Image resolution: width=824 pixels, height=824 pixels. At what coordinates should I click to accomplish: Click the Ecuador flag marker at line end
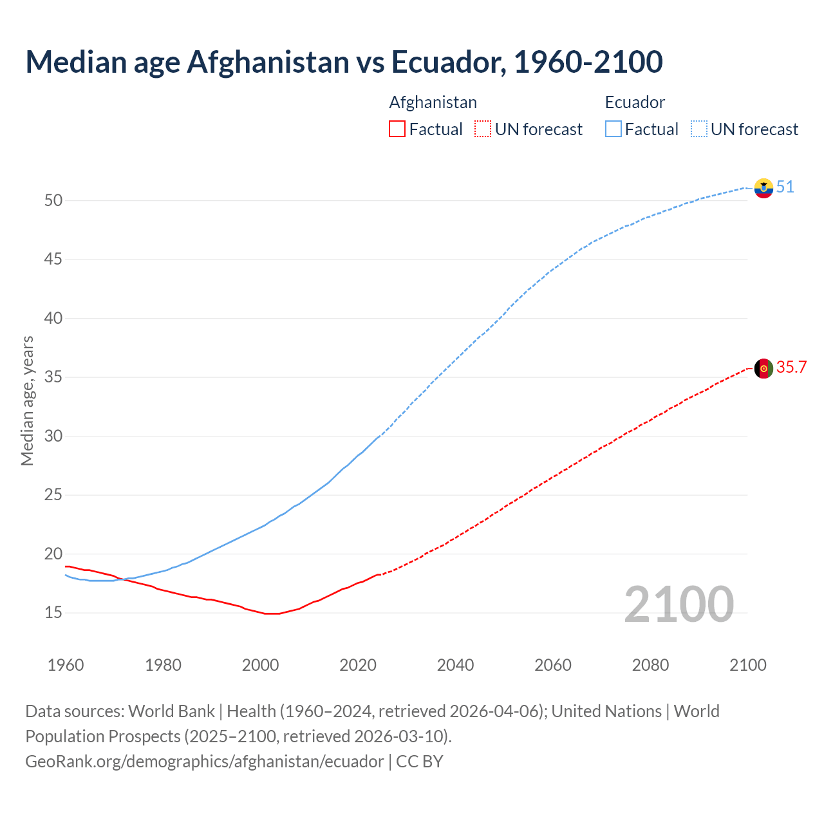pyautogui.click(x=763, y=188)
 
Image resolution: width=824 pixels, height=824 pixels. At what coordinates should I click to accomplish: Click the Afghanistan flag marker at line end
pyautogui.click(x=763, y=368)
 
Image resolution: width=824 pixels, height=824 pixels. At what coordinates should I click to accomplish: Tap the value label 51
pyautogui.click(x=785, y=187)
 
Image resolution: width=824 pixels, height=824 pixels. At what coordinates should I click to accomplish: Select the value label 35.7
pyautogui.click(x=791, y=368)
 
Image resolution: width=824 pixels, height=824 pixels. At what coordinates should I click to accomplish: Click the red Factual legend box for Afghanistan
pyautogui.click(x=397, y=129)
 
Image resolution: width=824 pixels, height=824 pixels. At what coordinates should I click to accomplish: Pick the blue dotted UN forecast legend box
pyautogui.click(x=699, y=129)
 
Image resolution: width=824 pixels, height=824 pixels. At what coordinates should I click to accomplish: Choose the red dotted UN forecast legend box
pyautogui.click(x=483, y=129)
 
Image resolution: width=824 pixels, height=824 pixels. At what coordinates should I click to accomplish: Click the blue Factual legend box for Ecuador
pyautogui.click(x=613, y=129)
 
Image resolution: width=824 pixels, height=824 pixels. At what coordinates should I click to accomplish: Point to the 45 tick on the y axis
pyautogui.click(x=53, y=259)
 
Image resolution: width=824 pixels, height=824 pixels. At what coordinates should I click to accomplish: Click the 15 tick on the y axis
pyautogui.click(x=53, y=613)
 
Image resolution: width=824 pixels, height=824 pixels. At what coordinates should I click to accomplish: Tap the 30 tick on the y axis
pyautogui.click(x=53, y=436)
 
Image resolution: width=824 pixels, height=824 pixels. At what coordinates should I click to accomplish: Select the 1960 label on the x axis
pyautogui.click(x=66, y=665)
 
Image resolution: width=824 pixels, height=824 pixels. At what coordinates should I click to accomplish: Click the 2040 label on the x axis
pyautogui.click(x=455, y=665)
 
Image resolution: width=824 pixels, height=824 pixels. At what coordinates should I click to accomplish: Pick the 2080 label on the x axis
pyautogui.click(x=650, y=665)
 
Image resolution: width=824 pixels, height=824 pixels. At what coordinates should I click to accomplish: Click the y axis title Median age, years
pyautogui.click(x=27, y=400)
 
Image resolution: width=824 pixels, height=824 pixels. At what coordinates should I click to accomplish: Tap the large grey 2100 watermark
pyautogui.click(x=679, y=604)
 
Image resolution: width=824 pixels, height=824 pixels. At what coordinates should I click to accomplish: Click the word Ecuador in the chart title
pyautogui.click(x=448, y=62)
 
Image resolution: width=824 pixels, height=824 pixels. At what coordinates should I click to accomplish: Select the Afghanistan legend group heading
pyautogui.click(x=433, y=102)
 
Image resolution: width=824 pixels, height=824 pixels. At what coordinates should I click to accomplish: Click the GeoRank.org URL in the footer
pyautogui.click(x=204, y=762)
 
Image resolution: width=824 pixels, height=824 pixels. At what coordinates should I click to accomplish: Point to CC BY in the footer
pyautogui.click(x=420, y=762)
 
